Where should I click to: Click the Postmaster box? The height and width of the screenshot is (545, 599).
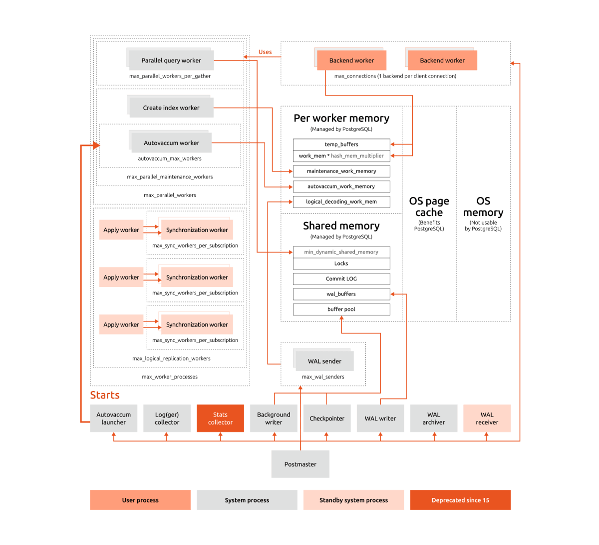pyautogui.click(x=300, y=463)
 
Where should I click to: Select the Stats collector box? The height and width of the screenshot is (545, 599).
pyautogui.click(x=220, y=417)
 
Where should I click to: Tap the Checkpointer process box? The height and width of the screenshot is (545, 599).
pyautogui.click(x=326, y=417)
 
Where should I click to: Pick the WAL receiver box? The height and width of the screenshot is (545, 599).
pyautogui.click(x=486, y=417)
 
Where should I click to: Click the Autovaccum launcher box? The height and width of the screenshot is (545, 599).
pyautogui.click(x=113, y=417)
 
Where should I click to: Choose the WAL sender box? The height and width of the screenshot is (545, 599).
pyautogui.click(x=324, y=360)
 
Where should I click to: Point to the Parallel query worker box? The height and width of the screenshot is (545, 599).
pyautogui.click(x=171, y=60)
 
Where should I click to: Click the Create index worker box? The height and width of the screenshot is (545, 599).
pyautogui.click(x=171, y=107)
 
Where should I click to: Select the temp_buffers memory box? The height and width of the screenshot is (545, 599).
pyautogui.click(x=341, y=144)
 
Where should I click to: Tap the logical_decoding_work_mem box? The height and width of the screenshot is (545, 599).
pyautogui.click(x=341, y=201)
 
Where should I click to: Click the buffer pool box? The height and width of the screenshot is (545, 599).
pyautogui.click(x=341, y=309)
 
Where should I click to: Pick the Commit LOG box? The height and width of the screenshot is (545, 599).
pyautogui.click(x=341, y=278)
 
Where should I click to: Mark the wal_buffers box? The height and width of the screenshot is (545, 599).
pyautogui.click(x=341, y=293)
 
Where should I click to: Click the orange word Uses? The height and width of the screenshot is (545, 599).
pyautogui.click(x=265, y=51)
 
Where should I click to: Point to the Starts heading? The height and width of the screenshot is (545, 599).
pyautogui.click(x=104, y=394)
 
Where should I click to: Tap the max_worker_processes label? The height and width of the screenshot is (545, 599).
pyautogui.click(x=170, y=376)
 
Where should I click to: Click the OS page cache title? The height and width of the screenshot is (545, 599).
pyautogui.click(x=429, y=206)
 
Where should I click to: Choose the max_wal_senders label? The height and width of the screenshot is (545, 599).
pyautogui.click(x=323, y=376)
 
